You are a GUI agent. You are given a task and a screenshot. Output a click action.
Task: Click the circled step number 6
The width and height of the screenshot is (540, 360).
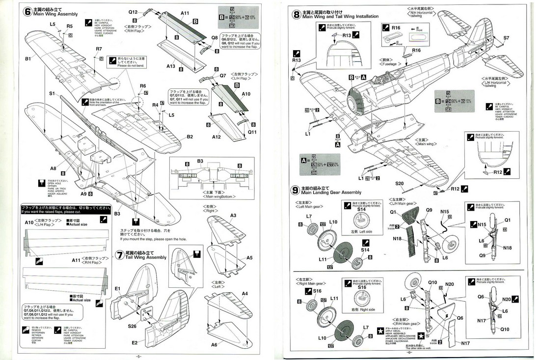(28, 11)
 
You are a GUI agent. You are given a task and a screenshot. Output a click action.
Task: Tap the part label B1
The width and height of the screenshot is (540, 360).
(28, 59)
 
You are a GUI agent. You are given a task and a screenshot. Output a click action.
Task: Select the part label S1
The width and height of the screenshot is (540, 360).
(52, 92)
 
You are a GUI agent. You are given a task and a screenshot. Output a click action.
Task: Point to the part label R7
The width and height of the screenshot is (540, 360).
(99, 49)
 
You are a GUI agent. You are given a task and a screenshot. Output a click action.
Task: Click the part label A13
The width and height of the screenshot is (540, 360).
(170, 66)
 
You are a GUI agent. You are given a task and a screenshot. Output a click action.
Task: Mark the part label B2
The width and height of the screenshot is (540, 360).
(189, 137)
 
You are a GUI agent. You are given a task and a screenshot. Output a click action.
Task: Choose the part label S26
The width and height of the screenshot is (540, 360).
(132, 326)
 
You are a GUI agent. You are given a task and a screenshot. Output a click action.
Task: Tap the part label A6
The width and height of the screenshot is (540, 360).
(214, 345)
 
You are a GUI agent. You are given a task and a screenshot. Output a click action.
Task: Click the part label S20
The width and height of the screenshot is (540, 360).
(400, 183)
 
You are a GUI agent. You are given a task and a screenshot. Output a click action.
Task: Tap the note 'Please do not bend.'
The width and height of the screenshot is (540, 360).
(132, 65)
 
